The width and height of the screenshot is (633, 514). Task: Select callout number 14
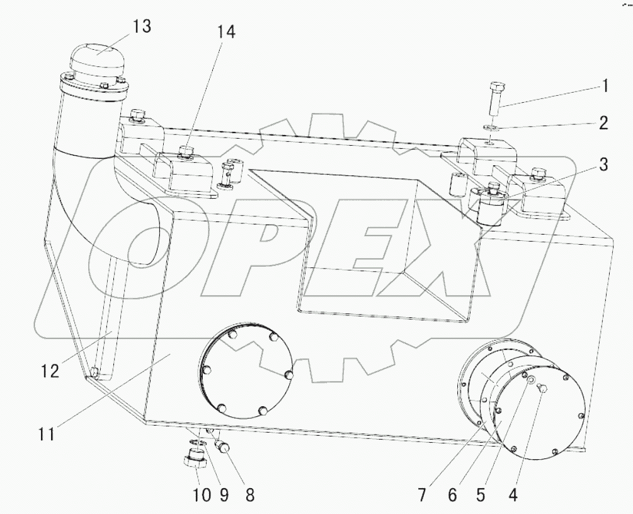coord(227,33)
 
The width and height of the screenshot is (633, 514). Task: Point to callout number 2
coord(603,122)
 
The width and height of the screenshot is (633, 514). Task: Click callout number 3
coord(603,165)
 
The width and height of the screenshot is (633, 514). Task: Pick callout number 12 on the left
coord(50,371)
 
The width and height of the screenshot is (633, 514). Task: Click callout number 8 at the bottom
coord(249,496)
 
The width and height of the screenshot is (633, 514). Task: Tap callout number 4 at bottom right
coord(513,496)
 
